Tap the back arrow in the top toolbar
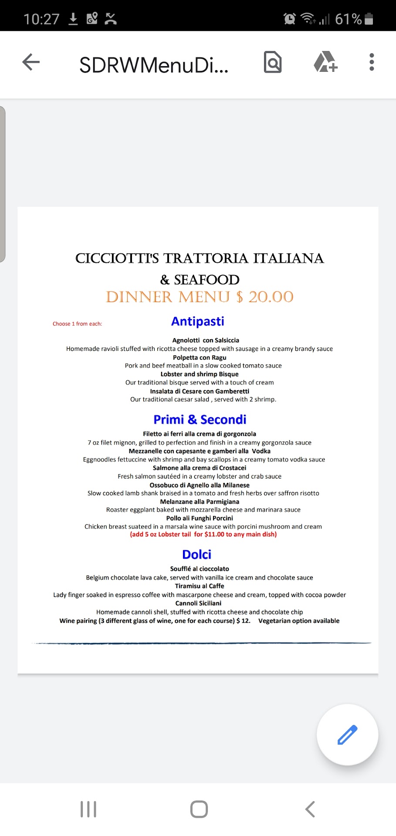(31, 62)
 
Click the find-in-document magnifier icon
(273, 62)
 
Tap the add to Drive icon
(325, 62)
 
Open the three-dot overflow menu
(371, 62)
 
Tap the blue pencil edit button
(347, 735)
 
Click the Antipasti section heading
(197, 321)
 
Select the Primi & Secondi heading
(200, 419)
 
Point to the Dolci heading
(196, 554)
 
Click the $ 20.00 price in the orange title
(265, 297)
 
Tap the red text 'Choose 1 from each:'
(77, 324)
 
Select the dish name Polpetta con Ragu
(200, 357)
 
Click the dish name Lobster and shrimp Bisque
(200, 374)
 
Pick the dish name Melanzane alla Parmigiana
(200, 502)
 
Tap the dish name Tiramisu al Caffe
(200, 586)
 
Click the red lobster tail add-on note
(203, 534)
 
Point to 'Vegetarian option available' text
(299, 621)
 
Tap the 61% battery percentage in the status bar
(348, 19)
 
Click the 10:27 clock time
(41, 19)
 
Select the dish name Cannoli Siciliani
(198, 603)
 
